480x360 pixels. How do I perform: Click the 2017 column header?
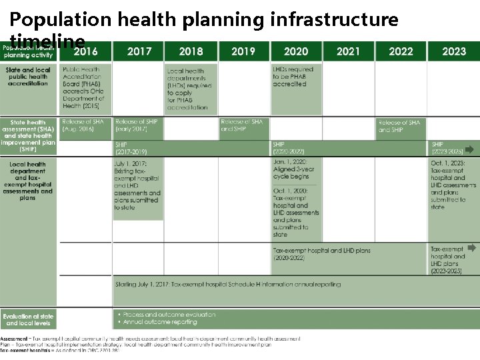(139, 51)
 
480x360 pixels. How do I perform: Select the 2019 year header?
(243, 51)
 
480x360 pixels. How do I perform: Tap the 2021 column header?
(348, 51)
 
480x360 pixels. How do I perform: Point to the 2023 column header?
(454, 51)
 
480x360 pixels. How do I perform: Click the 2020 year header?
(296, 51)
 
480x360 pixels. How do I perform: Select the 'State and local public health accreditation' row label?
(29, 77)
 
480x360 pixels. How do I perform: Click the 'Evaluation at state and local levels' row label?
(28, 319)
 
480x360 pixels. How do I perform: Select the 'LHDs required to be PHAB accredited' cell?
(293, 77)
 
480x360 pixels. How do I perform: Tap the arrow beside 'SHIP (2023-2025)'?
(471, 148)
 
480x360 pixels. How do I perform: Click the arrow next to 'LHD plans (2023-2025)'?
(471, 264)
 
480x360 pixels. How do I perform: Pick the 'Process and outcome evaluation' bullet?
(166, 314)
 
